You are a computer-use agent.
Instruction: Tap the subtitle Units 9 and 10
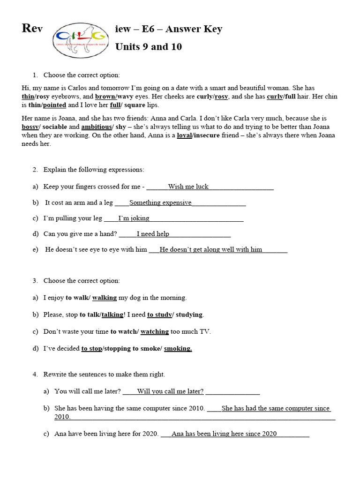point(149,47)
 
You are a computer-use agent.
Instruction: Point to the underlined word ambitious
point(96,127)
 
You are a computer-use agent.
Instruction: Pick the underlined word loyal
point(186,135)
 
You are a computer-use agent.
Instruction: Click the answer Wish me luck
point(188,187)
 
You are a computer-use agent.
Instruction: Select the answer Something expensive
point(160,202)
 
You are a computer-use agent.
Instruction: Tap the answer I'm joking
point(134,218)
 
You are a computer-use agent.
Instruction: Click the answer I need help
point(153,234)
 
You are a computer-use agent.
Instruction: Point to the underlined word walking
point(104,298)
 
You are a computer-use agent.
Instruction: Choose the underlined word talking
point(112,315)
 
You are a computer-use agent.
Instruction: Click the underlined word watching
point(154,331)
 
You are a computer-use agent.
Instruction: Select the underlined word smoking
point(178,348)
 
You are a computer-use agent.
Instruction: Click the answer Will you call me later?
point(170,391)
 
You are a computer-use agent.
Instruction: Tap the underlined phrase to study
point(159,315)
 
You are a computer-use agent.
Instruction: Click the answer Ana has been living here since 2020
point(224,434)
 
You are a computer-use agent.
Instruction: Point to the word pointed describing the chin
point(54,105)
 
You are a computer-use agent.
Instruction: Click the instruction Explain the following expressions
point(94,170)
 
